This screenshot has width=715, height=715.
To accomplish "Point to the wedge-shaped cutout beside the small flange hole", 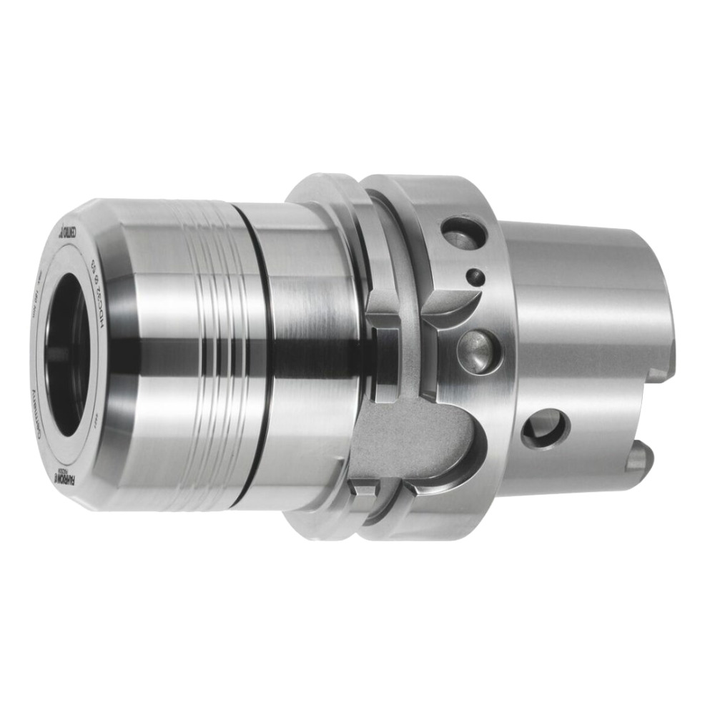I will [x=450, y=300].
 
